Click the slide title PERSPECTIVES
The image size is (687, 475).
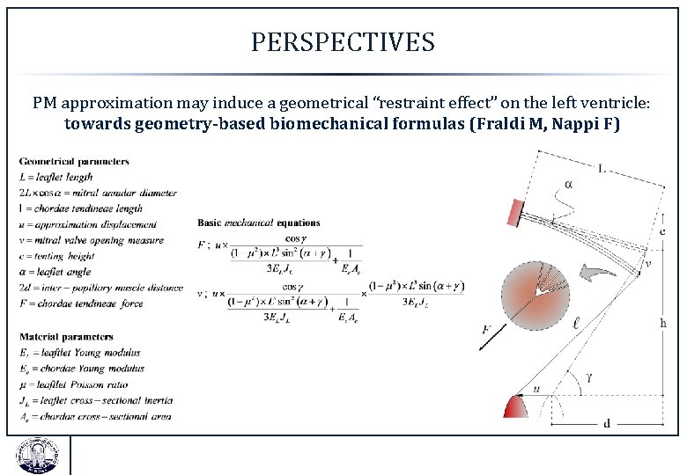343,42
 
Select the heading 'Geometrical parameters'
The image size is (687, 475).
74,161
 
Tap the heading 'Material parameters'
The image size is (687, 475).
66,336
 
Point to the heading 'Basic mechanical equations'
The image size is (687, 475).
259,223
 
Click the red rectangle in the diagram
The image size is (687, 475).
513,212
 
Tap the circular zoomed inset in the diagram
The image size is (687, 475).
533,297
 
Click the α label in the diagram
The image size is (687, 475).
568,184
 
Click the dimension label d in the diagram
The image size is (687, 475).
606,423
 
